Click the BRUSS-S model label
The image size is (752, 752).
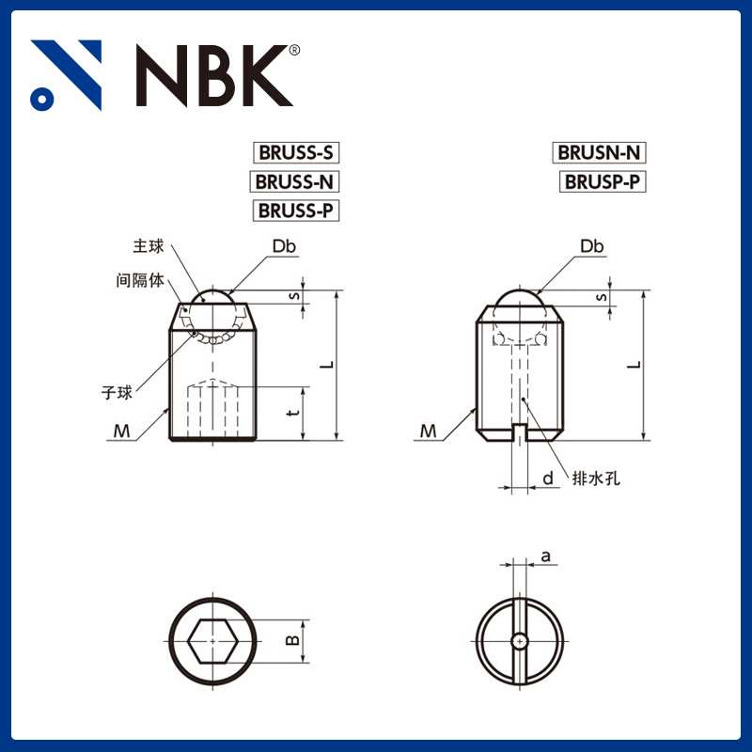pyautogui.click(x=294, y=152)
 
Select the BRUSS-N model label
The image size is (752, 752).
pyautogui.click(x=295, y=181)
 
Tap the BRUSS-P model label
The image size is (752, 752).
pyautogui.click(x=295, y=210)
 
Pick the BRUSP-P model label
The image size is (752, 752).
pyautogui.click(x=603, y=181)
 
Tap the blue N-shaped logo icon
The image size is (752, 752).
pyautogui.click(x=66, y=75)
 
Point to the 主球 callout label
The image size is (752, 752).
pyautogui.click(x=149, y=246)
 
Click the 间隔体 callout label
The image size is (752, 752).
pyautogui.click(x=138, y=280)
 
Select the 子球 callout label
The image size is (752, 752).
pyautogui.click(x=117, y=391)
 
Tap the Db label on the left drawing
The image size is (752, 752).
pyautogui.click(x=284, y=246)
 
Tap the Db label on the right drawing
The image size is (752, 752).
pyautogui.click(x=591, y=246)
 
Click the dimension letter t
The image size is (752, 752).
pyautogui.click(x=293, y=413)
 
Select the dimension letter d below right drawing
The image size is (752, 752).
pyautogui.click(x=547, y=478)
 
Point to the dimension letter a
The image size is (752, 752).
pyautogui.click(x=545, y=556)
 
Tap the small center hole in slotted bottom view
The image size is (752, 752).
pyautogui.click(x=519, y=641)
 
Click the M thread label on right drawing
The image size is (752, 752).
pyautogui.click(x=429, y=431)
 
